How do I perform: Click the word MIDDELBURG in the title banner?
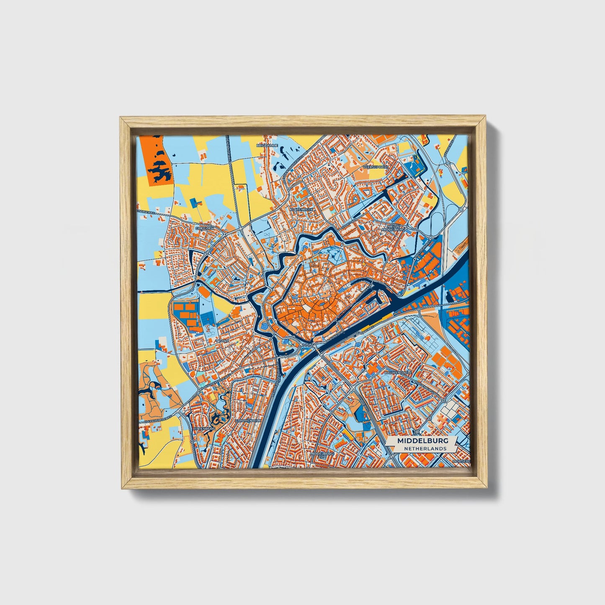[422, 441]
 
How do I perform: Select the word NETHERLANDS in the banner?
[425, 448]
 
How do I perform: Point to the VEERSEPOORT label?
[376, 166]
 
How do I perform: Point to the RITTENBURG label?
[204, 429]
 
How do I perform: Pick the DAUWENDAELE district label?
[398, 372]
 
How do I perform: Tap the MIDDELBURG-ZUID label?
[322, 455]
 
